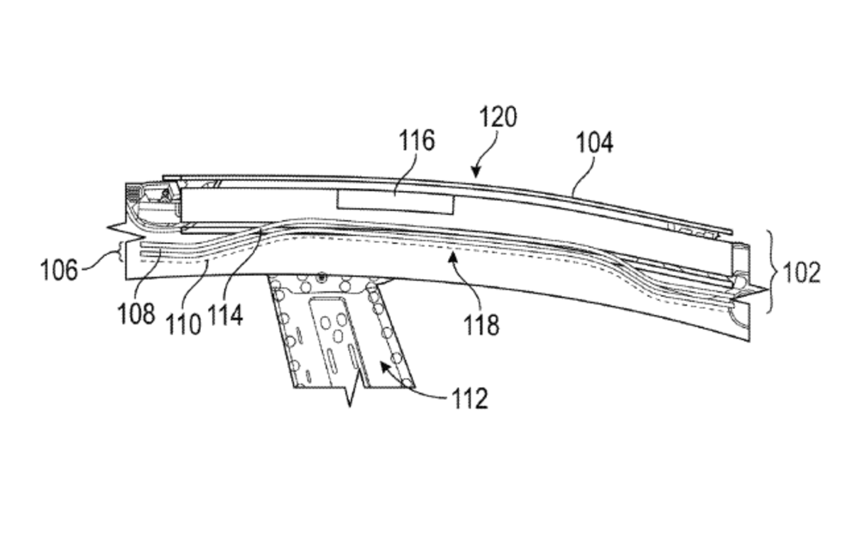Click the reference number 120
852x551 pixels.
pos(498,117)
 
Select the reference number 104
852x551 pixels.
pos(594,143)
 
